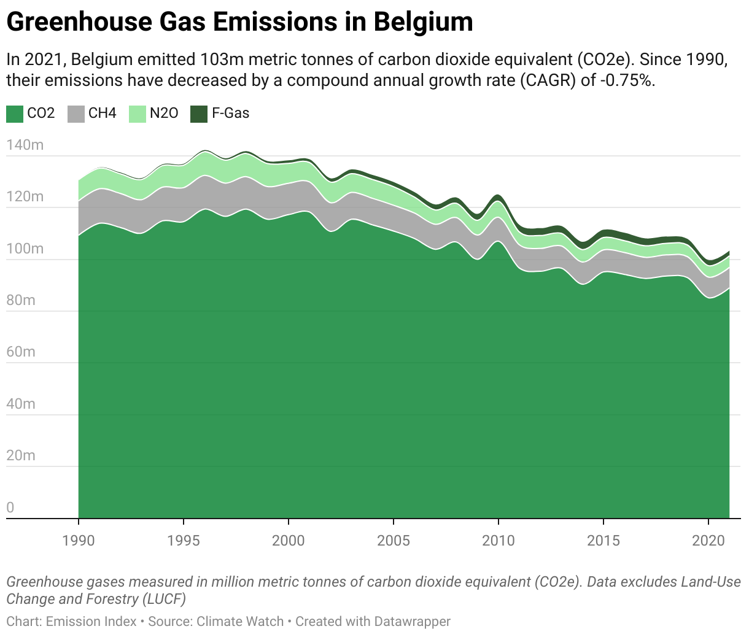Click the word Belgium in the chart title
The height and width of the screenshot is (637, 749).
[423, 22]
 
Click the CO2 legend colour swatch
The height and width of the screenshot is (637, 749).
[15, 114]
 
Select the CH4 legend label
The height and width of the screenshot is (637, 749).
[102, 114]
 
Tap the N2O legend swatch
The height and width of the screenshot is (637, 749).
[138, 114]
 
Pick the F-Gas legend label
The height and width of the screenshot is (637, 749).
[231, 114]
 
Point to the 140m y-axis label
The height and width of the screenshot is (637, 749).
[25, 145]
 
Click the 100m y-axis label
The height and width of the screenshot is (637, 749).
[25, 249]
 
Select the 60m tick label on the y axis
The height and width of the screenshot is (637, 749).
[21, 352]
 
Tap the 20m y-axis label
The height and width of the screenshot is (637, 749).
[21, 455]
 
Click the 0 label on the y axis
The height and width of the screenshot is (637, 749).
[10, 508]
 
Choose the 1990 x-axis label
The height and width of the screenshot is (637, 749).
[79, 541]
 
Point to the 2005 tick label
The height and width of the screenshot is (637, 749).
[393, 541]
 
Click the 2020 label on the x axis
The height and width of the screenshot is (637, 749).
[708, 541]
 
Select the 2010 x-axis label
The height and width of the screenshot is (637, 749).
[498, 541]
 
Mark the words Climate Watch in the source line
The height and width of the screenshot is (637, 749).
[240, 622]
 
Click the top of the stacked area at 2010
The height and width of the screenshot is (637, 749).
[498, 195]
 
